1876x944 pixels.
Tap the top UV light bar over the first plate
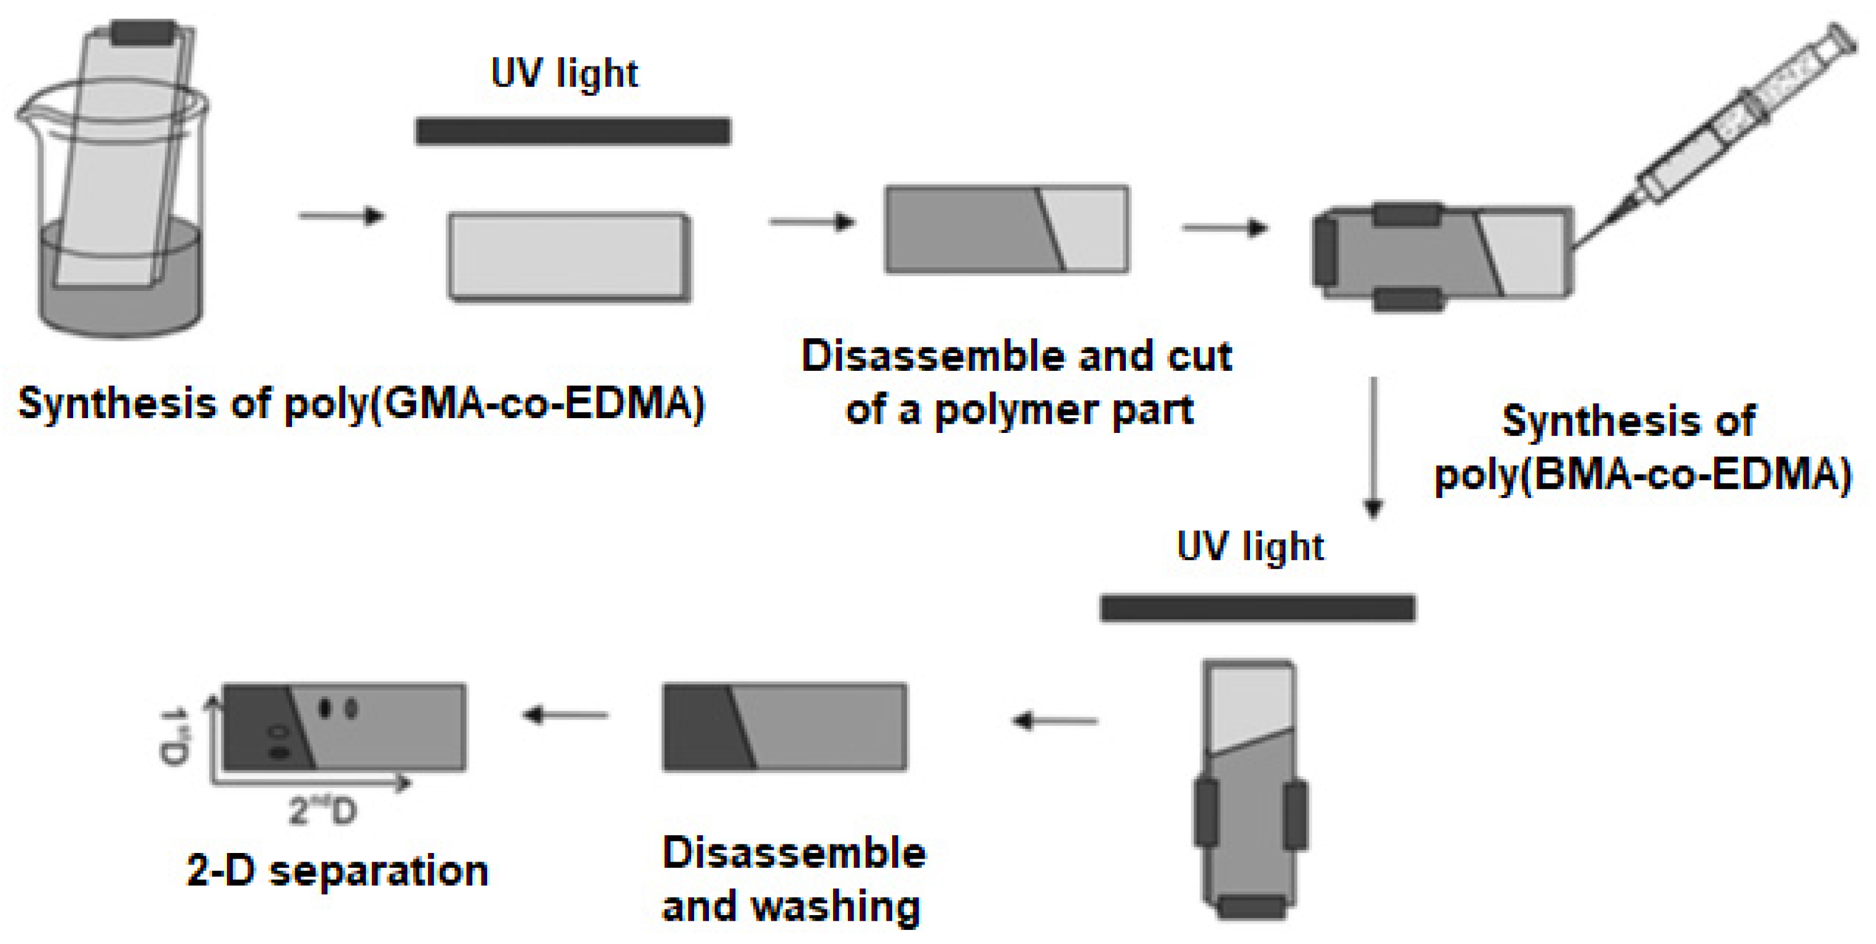click(572, 132)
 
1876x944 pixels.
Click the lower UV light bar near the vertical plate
click(1257, 608)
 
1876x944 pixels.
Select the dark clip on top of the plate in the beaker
click(143, 32)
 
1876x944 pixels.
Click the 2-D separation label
click(337, 870)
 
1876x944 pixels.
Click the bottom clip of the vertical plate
click(1252, 908)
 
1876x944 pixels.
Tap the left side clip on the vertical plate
click(1206, 813)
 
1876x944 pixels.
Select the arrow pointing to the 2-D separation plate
click(565, 715)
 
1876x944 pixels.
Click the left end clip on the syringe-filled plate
click(1324, 252)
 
